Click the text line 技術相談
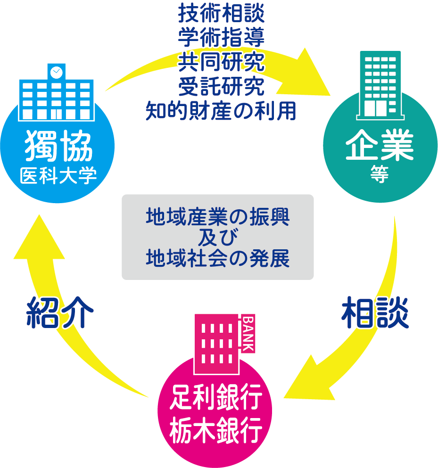coord(221,14)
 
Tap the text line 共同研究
coord(221,62)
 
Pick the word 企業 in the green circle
coord(380,147)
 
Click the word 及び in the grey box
coord(217,238)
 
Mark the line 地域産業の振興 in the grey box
coord(217,217)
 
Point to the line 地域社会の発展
coord(217,258)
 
